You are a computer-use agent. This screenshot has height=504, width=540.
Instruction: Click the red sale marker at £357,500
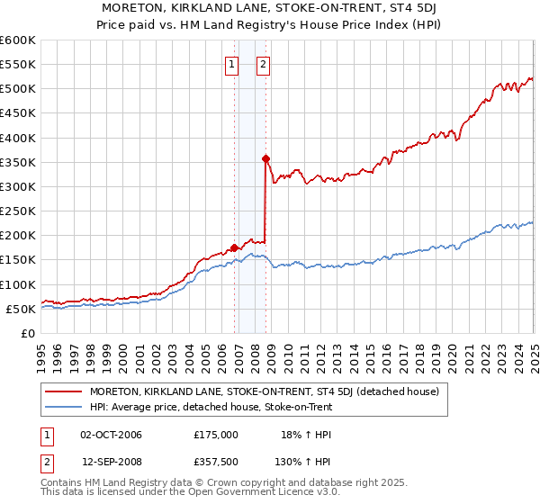[x=265, y=159]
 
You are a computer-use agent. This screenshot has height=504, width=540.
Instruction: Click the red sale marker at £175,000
[x=234, y=247]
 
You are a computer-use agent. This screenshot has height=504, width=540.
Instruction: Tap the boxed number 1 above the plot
[x=232, y=64]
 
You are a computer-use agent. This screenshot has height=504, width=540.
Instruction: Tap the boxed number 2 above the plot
[x=264, y=64]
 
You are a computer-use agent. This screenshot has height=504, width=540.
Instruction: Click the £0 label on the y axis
[x=26, y=333]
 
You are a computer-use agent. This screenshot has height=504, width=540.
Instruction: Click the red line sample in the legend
[x=65, y=391]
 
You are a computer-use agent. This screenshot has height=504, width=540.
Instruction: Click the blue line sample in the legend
[x=65, y=407]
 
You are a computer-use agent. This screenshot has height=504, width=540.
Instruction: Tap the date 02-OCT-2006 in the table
[x=112, y=434]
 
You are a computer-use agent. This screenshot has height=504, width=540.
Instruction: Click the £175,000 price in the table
[x=216, y=434]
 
